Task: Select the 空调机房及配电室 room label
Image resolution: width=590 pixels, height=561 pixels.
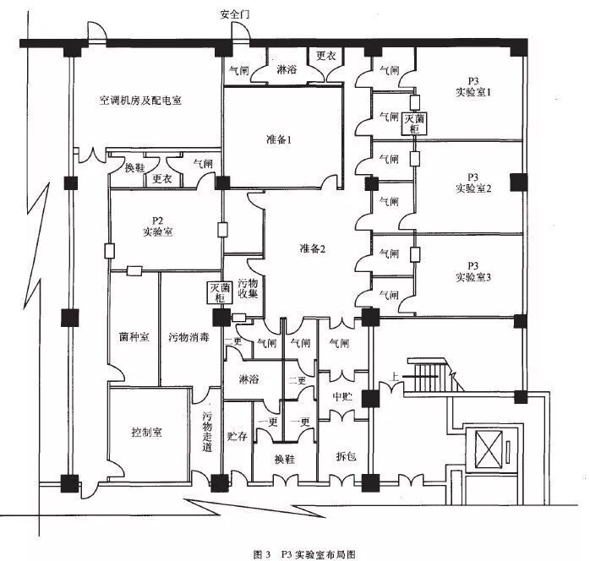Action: pyautogui.click(x=140, y=100)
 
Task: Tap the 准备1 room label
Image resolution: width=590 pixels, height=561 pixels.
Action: pyautogui.click(x=278, y=140)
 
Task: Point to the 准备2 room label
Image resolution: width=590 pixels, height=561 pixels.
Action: pyautogui.click(x=312, y=248)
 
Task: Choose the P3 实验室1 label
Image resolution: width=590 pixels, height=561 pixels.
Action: pyautogui.click(x=473, y=84)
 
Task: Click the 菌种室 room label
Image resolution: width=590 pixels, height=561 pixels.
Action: pyautogui.click(x=134, y=336)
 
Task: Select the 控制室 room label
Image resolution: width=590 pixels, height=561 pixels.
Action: pyautogui.click(x=146, y=432)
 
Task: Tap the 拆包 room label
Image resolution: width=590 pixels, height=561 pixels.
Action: pyautogui.click(x=346, y=456)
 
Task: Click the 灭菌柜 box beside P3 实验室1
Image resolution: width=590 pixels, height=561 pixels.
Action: pyautogui.click(x=414, y=124)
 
